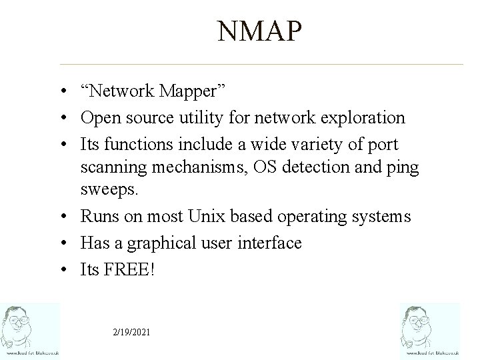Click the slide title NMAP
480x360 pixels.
click(259, 32)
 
